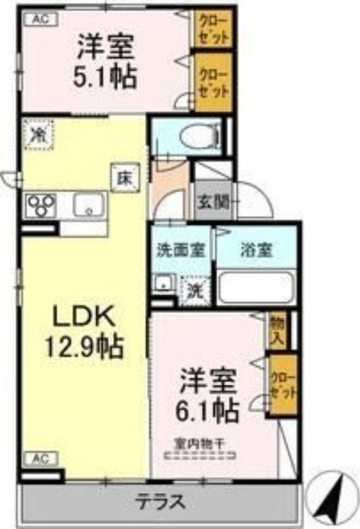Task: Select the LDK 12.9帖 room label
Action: tap(83, 332)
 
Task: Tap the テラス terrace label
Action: tap(160, 502)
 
